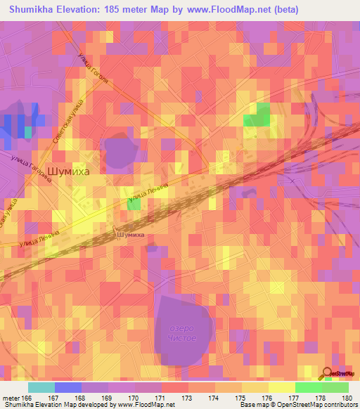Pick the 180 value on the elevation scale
(347, 398)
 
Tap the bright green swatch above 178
(308, 387)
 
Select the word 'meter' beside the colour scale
(10, 398)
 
